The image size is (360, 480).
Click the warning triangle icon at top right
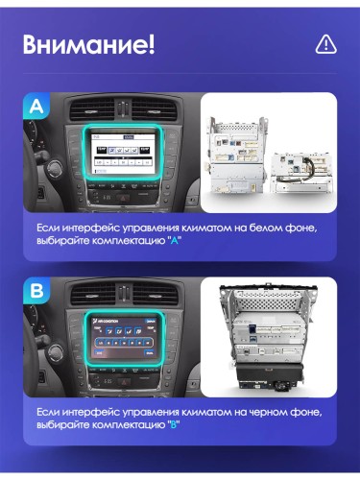tap(325, 45)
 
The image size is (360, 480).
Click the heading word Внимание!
tap(88, 45)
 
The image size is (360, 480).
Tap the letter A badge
tap(36, 107)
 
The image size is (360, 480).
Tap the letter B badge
tap(36, 290)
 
